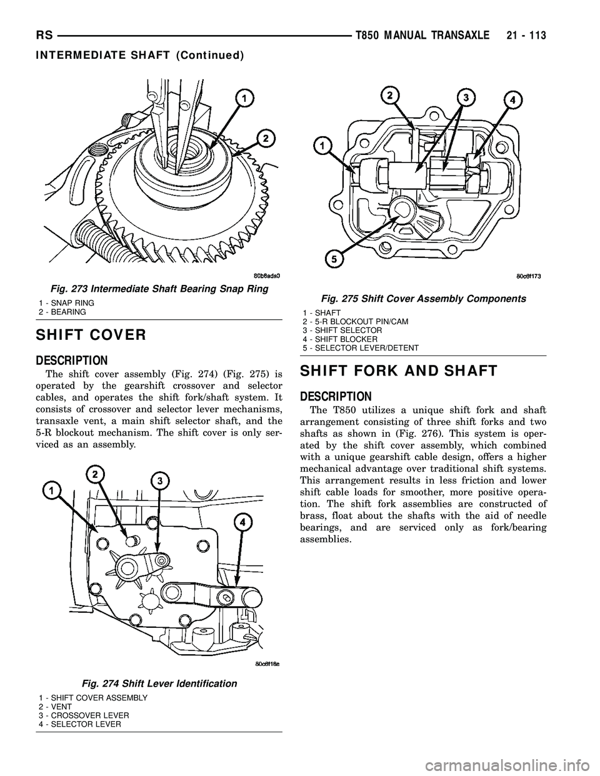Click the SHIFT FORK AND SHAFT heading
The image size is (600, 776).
[x=399, y=371]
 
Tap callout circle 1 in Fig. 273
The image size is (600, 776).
[x=244, y=97]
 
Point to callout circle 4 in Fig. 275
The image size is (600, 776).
[x=512, y=98]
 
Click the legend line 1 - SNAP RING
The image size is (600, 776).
[x=66, y=302]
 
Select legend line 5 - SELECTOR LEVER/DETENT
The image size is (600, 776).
[x=361, y=347]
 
